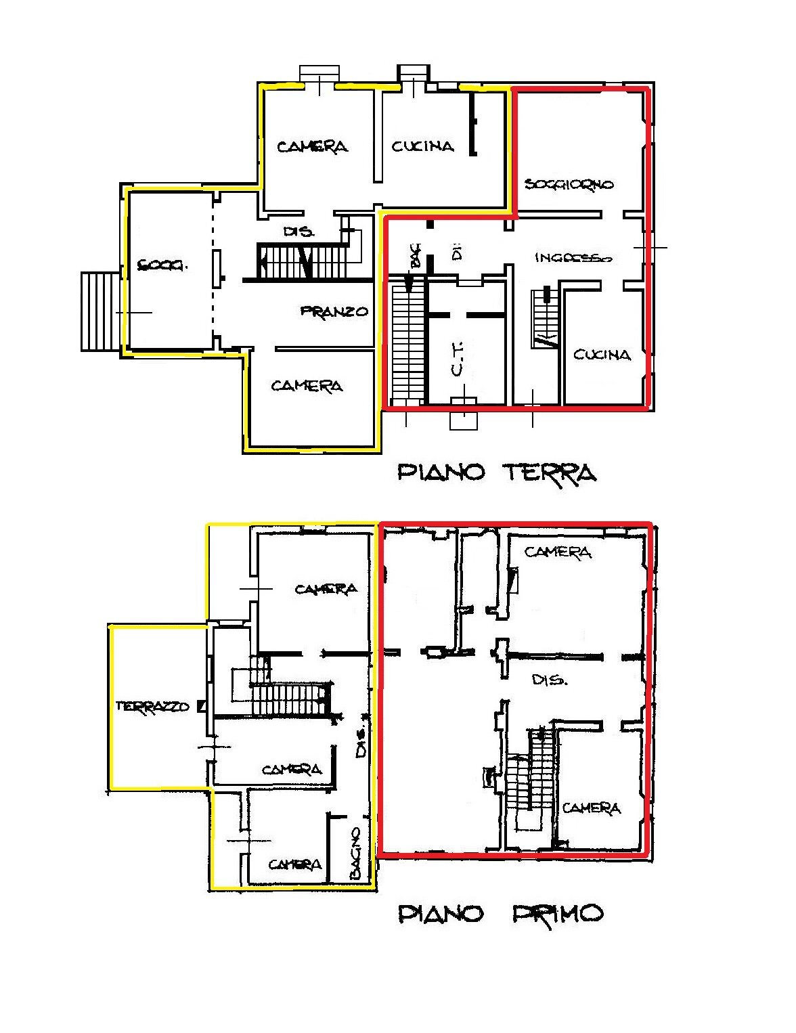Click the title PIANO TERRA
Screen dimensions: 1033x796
[496, 472]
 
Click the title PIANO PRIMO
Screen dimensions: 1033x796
[500, 914]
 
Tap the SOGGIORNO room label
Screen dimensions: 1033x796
[569, 184]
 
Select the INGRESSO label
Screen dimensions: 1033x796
[573, 258]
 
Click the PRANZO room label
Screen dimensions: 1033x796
[334, 311]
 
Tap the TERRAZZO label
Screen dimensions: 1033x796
[152, 706]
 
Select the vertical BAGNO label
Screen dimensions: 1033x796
[355, 853]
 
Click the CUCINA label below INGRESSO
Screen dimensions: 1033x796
[602, 355]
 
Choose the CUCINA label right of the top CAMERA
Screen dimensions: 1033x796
[423, 146]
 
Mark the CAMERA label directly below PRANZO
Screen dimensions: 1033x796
[307, 386]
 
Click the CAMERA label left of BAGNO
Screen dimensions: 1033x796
[295, 864]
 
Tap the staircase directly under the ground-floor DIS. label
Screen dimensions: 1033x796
[301, 261]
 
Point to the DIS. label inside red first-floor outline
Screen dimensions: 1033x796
[549, 680]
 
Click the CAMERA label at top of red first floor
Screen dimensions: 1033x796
[558, 552]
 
